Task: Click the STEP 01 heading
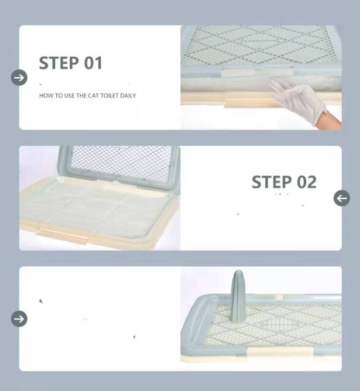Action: click(x=70, y=63)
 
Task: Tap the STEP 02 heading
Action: click(x=284, y=182)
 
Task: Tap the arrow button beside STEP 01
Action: click(x=19, y=77)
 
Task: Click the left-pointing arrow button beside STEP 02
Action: click(x=341, y=198)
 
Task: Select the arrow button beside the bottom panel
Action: click(x=19, y=319)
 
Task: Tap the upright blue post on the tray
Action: click(x=238, y=296)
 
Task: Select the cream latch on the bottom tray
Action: click(x=280, y=351)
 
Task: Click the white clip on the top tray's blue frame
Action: click(x=257, y=72)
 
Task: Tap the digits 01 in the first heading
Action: click(x=93, y=63)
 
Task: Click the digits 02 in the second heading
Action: click(x=307, y=182)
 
